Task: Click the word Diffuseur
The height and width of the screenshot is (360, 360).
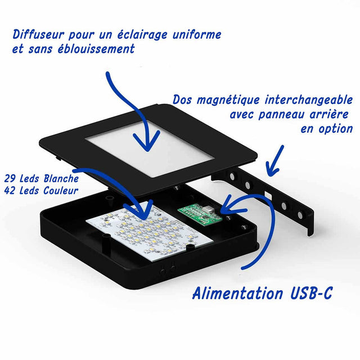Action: (x=38, y=35)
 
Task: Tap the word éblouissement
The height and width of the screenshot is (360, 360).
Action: (x=96, y=49)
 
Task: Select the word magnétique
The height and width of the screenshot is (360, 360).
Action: (x=228, y=100)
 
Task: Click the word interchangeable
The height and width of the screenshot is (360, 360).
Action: (x=309, y=100)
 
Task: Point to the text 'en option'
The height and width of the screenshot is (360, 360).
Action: (x=326, y=129)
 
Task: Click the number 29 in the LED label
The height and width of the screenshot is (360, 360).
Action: (x=10, y=178)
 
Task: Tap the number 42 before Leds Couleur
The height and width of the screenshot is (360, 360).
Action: (x=10, y=190)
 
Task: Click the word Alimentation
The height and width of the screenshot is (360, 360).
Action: (x=238, y=293)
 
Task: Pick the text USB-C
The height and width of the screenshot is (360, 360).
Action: (x=311, y=293)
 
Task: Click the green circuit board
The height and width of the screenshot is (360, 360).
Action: (x=200, y=213)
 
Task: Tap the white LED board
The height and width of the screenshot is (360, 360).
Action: (x=150, y=231)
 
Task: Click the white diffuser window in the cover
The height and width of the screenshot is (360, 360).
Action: (x=150, y=148)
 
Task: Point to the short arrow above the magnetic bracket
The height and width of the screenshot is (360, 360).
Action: (x=276, y=161)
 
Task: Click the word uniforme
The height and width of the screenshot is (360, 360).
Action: (x=196, y=35)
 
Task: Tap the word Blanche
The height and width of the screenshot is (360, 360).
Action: (x=61, y=178)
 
